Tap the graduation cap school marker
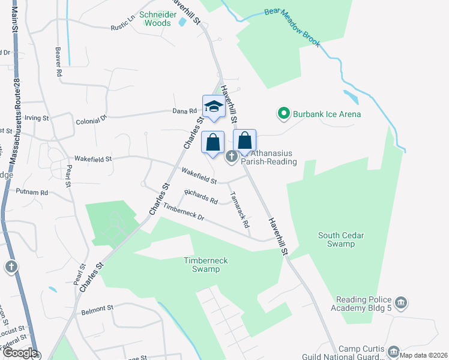click(213, 107)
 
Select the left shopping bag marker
click(212, 143)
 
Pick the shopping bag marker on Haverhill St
click(244, 141)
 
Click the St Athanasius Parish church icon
click(232, 157)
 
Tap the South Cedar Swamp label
click(341, 239)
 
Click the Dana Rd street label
click(185, 111)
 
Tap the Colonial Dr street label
click(91, 121)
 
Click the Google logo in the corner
click(19, 353)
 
